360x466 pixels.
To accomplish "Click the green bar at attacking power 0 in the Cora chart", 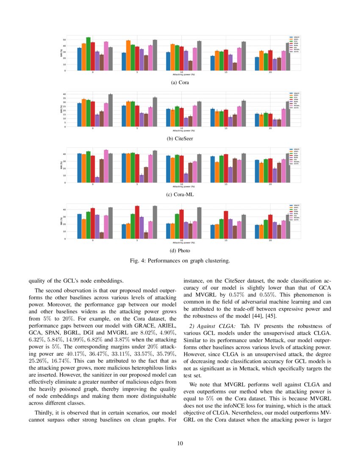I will point(88,54).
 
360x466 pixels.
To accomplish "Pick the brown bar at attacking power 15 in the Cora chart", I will point(235,67).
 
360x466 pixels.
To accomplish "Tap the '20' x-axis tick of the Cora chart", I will point(270,72).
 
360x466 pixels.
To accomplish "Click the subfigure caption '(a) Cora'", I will point(180,83).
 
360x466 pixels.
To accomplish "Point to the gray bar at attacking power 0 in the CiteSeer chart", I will point(110,110).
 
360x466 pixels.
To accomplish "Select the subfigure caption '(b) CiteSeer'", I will point(180,138).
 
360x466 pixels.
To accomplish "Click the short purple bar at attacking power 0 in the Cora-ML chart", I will point(97,180).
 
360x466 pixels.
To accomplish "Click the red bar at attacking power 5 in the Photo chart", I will point(137,222).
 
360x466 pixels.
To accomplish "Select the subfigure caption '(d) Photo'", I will point(180,250).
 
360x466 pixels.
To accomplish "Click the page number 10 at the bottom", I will point(180,444).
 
